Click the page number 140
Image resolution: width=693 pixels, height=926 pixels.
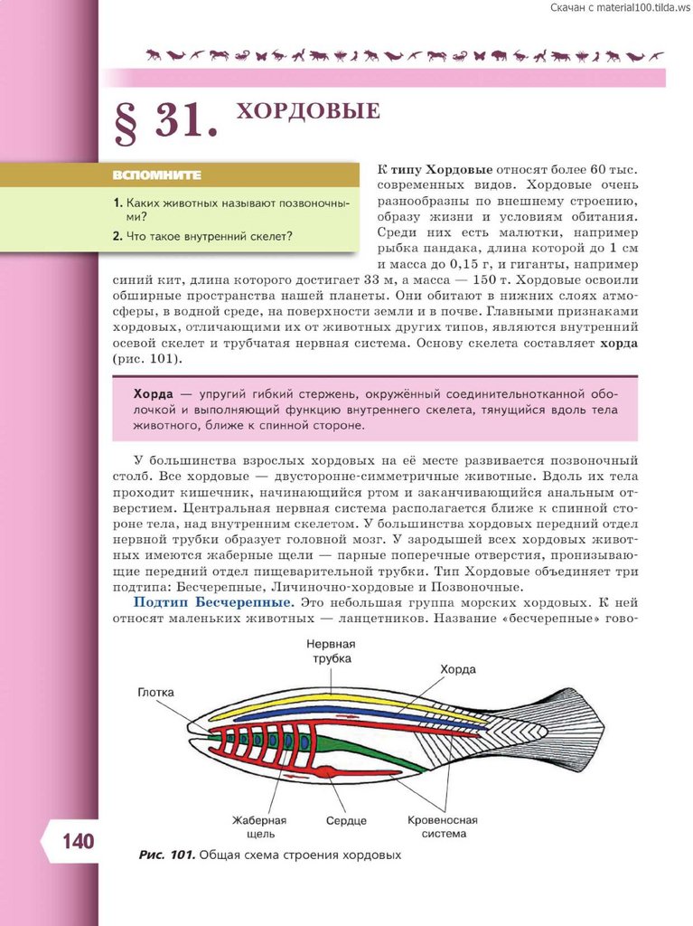[x=78, y=842]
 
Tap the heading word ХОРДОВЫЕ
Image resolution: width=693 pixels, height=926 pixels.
[x=307, y=112]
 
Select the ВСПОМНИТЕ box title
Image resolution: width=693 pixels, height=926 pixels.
[x=157, y=175]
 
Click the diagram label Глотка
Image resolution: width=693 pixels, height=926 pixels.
[x=156, y=693]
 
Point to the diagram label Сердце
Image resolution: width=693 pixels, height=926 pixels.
[x=346, y=821]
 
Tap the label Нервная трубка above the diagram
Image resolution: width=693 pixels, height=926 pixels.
[x=330, y=651]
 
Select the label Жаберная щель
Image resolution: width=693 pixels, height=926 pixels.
[x=258, y=827]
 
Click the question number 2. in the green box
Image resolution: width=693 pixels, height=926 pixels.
[x=117, y=236]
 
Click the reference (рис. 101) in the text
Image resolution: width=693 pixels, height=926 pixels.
[x=148, y=359]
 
